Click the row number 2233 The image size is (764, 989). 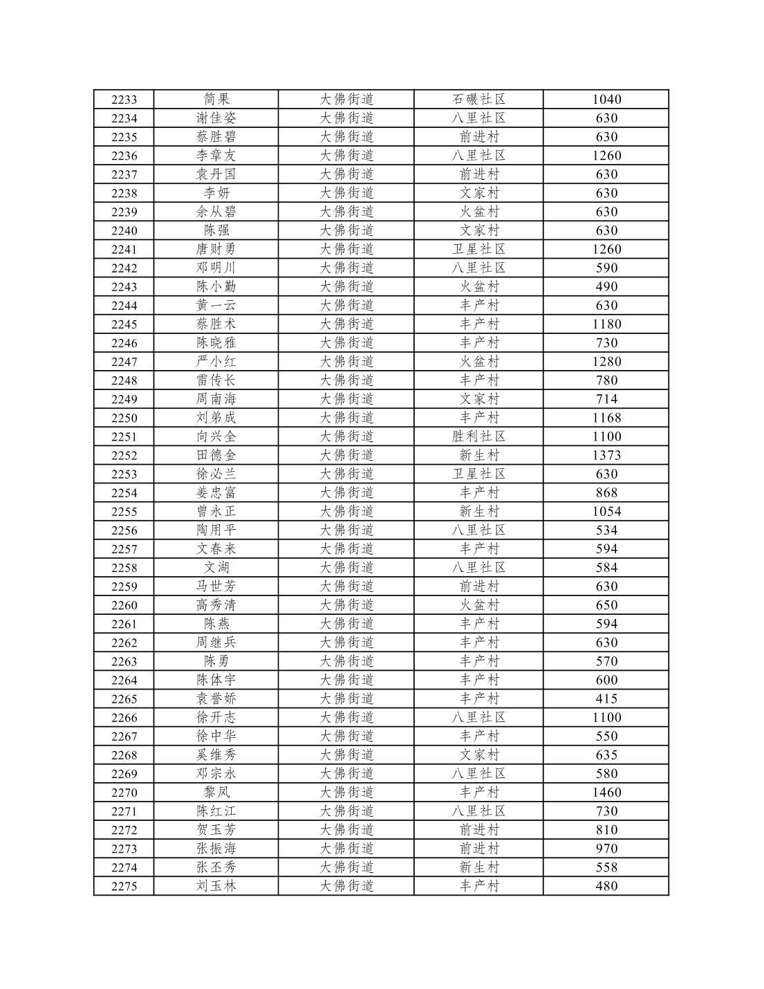pos(124,100)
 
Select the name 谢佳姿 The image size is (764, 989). pos(216,118)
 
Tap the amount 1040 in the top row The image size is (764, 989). pos(606,100)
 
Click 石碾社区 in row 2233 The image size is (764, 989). pos(478,100)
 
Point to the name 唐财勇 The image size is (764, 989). pos(216,249)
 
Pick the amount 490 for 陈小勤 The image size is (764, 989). pos(606,286)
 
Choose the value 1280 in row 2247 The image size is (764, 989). pos(606,361)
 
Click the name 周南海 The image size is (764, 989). pos(216,399)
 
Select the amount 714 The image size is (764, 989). pos(606,399)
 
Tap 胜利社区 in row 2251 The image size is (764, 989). pos(478,436)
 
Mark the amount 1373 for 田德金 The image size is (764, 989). pos(606,455)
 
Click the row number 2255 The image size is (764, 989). pos(124,512)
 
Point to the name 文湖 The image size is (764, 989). pos(216,568)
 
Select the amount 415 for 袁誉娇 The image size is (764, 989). pos(606,699)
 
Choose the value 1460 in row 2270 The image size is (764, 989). pos(606,793)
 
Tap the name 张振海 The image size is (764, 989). pos(216,849)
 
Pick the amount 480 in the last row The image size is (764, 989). pos(606,886)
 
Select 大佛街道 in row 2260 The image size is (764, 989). pos(346,605)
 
